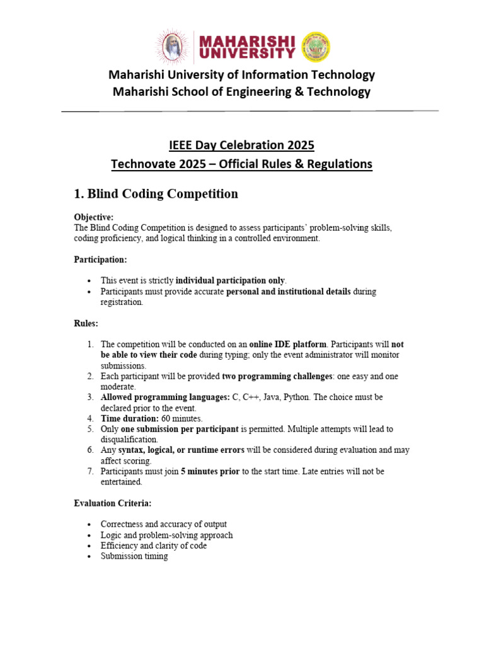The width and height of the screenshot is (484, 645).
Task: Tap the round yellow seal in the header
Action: click(x=316, y=47)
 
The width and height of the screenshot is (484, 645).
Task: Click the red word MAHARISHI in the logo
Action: click(x=246, y=40)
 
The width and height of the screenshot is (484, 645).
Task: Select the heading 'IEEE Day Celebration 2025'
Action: click(x=241, y=146)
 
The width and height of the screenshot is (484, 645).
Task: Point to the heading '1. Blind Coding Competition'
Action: click(x=156, y=194)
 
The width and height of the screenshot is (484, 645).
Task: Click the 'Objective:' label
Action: click(x=94, y=217)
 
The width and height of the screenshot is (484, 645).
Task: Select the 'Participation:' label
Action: click(x=100, y=260)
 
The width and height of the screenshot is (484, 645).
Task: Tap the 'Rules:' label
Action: click(x=86, y=323)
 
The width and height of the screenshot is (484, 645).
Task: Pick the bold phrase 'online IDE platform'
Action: click(x=288, y=345)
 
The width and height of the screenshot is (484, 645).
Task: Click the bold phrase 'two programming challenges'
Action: click(x=279, y=376)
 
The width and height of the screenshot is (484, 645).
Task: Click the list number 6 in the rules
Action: click(x=90, y=450)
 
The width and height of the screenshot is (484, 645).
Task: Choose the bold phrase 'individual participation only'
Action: click(x=230, y=280)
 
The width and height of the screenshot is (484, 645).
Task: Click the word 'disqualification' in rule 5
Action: click(x=130, y=440)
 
